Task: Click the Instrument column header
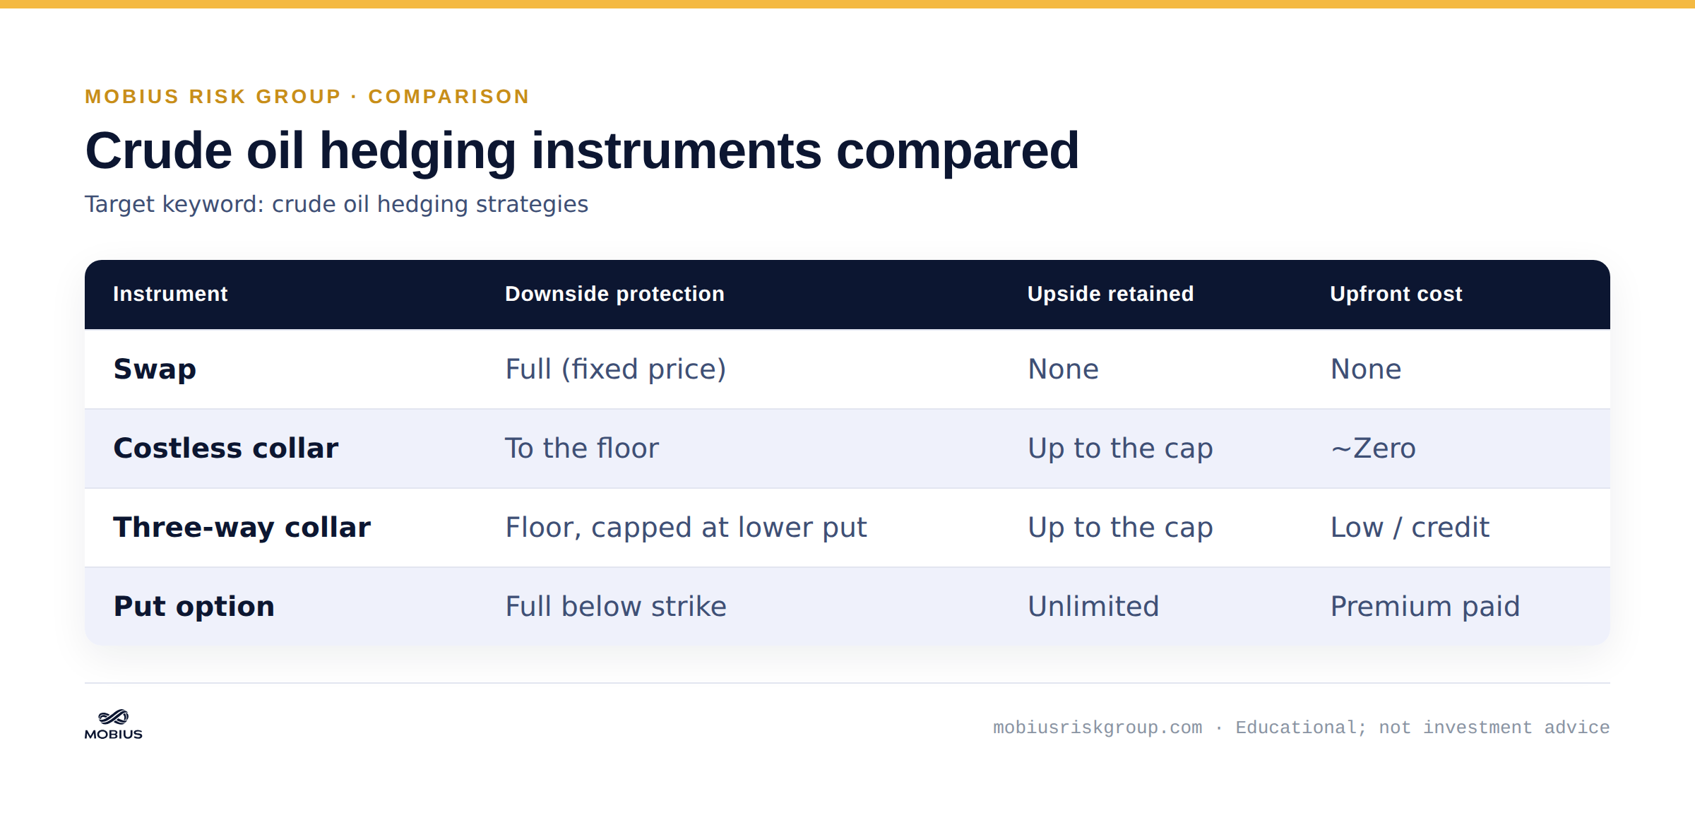tap(170, 294)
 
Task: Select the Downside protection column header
tap(614, 294)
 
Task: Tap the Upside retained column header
tap(1110, 294)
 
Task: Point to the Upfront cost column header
tap(1396, 294)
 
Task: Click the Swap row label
tap(155, 369)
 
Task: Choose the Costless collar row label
tap(226, 449)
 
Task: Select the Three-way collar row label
tap(242, 528)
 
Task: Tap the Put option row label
tap(194, 607)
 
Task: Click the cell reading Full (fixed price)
tap(616, 369)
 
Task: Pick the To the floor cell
tap(582, 449)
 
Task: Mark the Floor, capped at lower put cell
tap(686, 528)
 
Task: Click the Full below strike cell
tap(616, 607)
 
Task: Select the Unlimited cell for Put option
tap(1093, 607)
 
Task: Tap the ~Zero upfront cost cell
tap(1373, 449)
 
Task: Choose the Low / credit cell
tap(1410, 528)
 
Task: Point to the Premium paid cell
tap(1425, 607)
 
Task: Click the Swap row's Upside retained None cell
tap(1064, 369)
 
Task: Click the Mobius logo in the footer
tap(114, 725)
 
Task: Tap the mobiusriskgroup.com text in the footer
tap(1098, 728)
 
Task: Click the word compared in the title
tap(958, 151)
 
